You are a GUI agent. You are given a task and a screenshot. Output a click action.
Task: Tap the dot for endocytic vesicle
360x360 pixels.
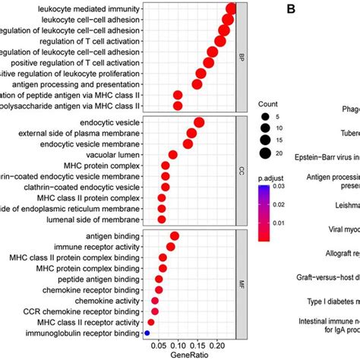[x=200, y=122]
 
